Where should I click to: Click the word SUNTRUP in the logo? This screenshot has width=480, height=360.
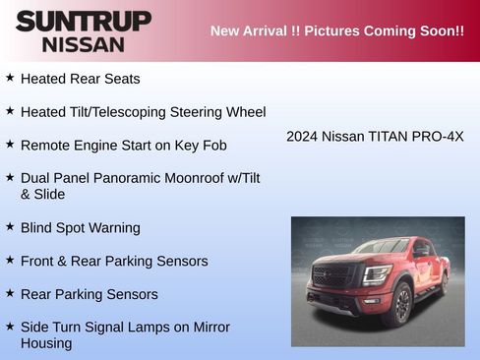(83, 21)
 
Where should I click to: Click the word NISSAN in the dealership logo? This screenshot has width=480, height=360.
(83, 44)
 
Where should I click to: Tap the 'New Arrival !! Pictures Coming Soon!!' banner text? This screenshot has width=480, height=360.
(336, 30)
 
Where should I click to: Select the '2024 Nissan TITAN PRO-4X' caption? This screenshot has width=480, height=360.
(375, 137)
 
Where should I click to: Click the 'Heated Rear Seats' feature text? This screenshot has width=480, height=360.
(80, 79)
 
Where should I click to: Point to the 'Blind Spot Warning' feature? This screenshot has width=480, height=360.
(80, 228)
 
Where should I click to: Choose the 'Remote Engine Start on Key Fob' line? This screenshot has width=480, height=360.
(123, 146)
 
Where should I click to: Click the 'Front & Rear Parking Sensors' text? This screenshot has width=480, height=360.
(113, 262)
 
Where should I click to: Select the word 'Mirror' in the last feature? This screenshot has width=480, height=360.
(210, 328)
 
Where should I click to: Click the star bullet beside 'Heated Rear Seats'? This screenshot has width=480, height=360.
(10, 77)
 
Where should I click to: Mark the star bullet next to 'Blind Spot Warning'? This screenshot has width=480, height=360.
(10, 226)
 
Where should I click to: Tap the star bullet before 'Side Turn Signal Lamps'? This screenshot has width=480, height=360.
(10, 326)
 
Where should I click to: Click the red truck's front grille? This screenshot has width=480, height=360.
(331, 276)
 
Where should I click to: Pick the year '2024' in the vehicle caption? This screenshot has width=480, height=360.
(302, 137)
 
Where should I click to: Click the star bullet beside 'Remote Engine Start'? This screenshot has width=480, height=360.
(10, 144)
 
